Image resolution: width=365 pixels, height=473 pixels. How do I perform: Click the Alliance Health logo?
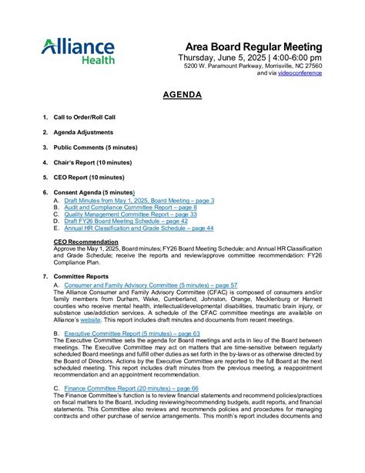(78, 52)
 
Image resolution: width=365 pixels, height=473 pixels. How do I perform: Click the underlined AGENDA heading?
(182, 95)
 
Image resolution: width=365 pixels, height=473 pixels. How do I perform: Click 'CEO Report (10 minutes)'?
(89, 177)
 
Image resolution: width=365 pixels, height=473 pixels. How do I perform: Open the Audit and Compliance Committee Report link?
(130, 208)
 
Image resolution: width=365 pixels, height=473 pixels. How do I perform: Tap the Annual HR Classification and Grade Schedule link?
(139, 228)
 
